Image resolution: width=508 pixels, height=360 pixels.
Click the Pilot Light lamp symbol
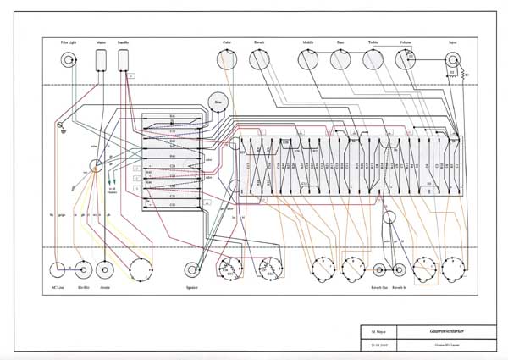pyautogui.click(x=68, y=59)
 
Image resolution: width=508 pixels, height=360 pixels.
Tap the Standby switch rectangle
pyautogui.click(x=124, y=58)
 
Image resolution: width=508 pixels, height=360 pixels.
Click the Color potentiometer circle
pyautogui.click(x=227, y=59)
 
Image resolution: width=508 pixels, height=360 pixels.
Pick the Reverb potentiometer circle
pyautogui.click(x=259, y=59)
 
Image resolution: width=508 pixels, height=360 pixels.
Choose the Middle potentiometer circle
pyautogui.click(x=308, y=59)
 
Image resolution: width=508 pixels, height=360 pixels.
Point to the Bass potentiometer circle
pyautogui.click(x=340, y=59)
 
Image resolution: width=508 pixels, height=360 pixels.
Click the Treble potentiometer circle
pyautogui.click(x=373, y=59)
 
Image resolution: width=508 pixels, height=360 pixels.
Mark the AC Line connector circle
pyautogui.click(x=60, y=271)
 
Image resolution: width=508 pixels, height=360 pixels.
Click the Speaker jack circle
pyautogui.click(x=192, y=271)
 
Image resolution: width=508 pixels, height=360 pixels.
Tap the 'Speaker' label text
pyautogui.click(x=192, y=289)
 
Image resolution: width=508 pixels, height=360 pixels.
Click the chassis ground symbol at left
pyautogui.click(x=60, y=128)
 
